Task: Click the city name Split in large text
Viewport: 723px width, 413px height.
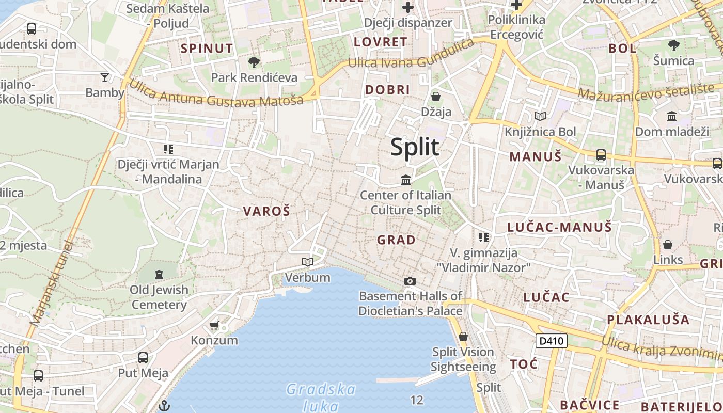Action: [415, 147]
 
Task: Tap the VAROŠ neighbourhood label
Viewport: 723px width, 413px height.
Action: [266, 211]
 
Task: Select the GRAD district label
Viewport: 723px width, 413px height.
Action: [396, 240]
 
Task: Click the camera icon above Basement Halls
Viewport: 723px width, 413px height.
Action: [410, 281]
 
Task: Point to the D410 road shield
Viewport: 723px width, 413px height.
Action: [552, 341]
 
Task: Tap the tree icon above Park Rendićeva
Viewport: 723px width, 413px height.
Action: [254, 62]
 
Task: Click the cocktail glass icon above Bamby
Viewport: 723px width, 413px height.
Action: [105, 77]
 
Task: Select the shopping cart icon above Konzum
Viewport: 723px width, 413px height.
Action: [214, 325]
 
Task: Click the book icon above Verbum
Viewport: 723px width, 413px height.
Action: [308, 262]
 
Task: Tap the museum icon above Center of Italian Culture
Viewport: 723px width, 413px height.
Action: [406, 180]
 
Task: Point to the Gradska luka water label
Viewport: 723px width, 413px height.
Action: [321, 396]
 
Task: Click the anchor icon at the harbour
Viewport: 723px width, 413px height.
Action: [164, 405]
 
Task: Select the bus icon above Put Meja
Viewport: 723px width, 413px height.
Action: [143, 357]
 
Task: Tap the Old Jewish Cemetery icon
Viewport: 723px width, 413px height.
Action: [159, 274]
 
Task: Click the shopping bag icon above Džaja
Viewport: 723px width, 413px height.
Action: [436, 97]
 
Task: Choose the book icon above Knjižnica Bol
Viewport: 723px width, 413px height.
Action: [540, 117]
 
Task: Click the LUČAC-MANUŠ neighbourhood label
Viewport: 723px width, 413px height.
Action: [559, 227]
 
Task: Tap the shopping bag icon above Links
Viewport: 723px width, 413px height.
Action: [668, 244]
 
